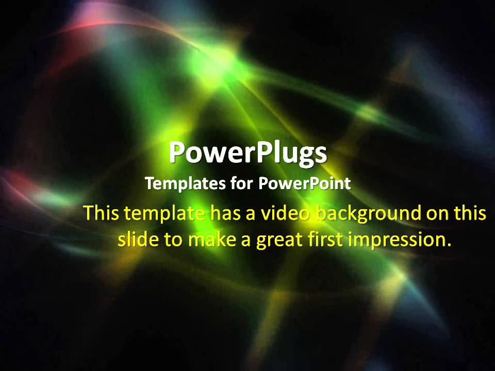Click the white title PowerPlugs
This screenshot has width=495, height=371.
[x=247, y=153]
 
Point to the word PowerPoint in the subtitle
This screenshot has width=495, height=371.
[x=304, y=183]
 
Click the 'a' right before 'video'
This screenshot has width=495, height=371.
[x=251, y=214]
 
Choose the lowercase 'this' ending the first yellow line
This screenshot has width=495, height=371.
[x=470, y=213]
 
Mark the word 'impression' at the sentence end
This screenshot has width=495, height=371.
[x=394, y=240]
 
